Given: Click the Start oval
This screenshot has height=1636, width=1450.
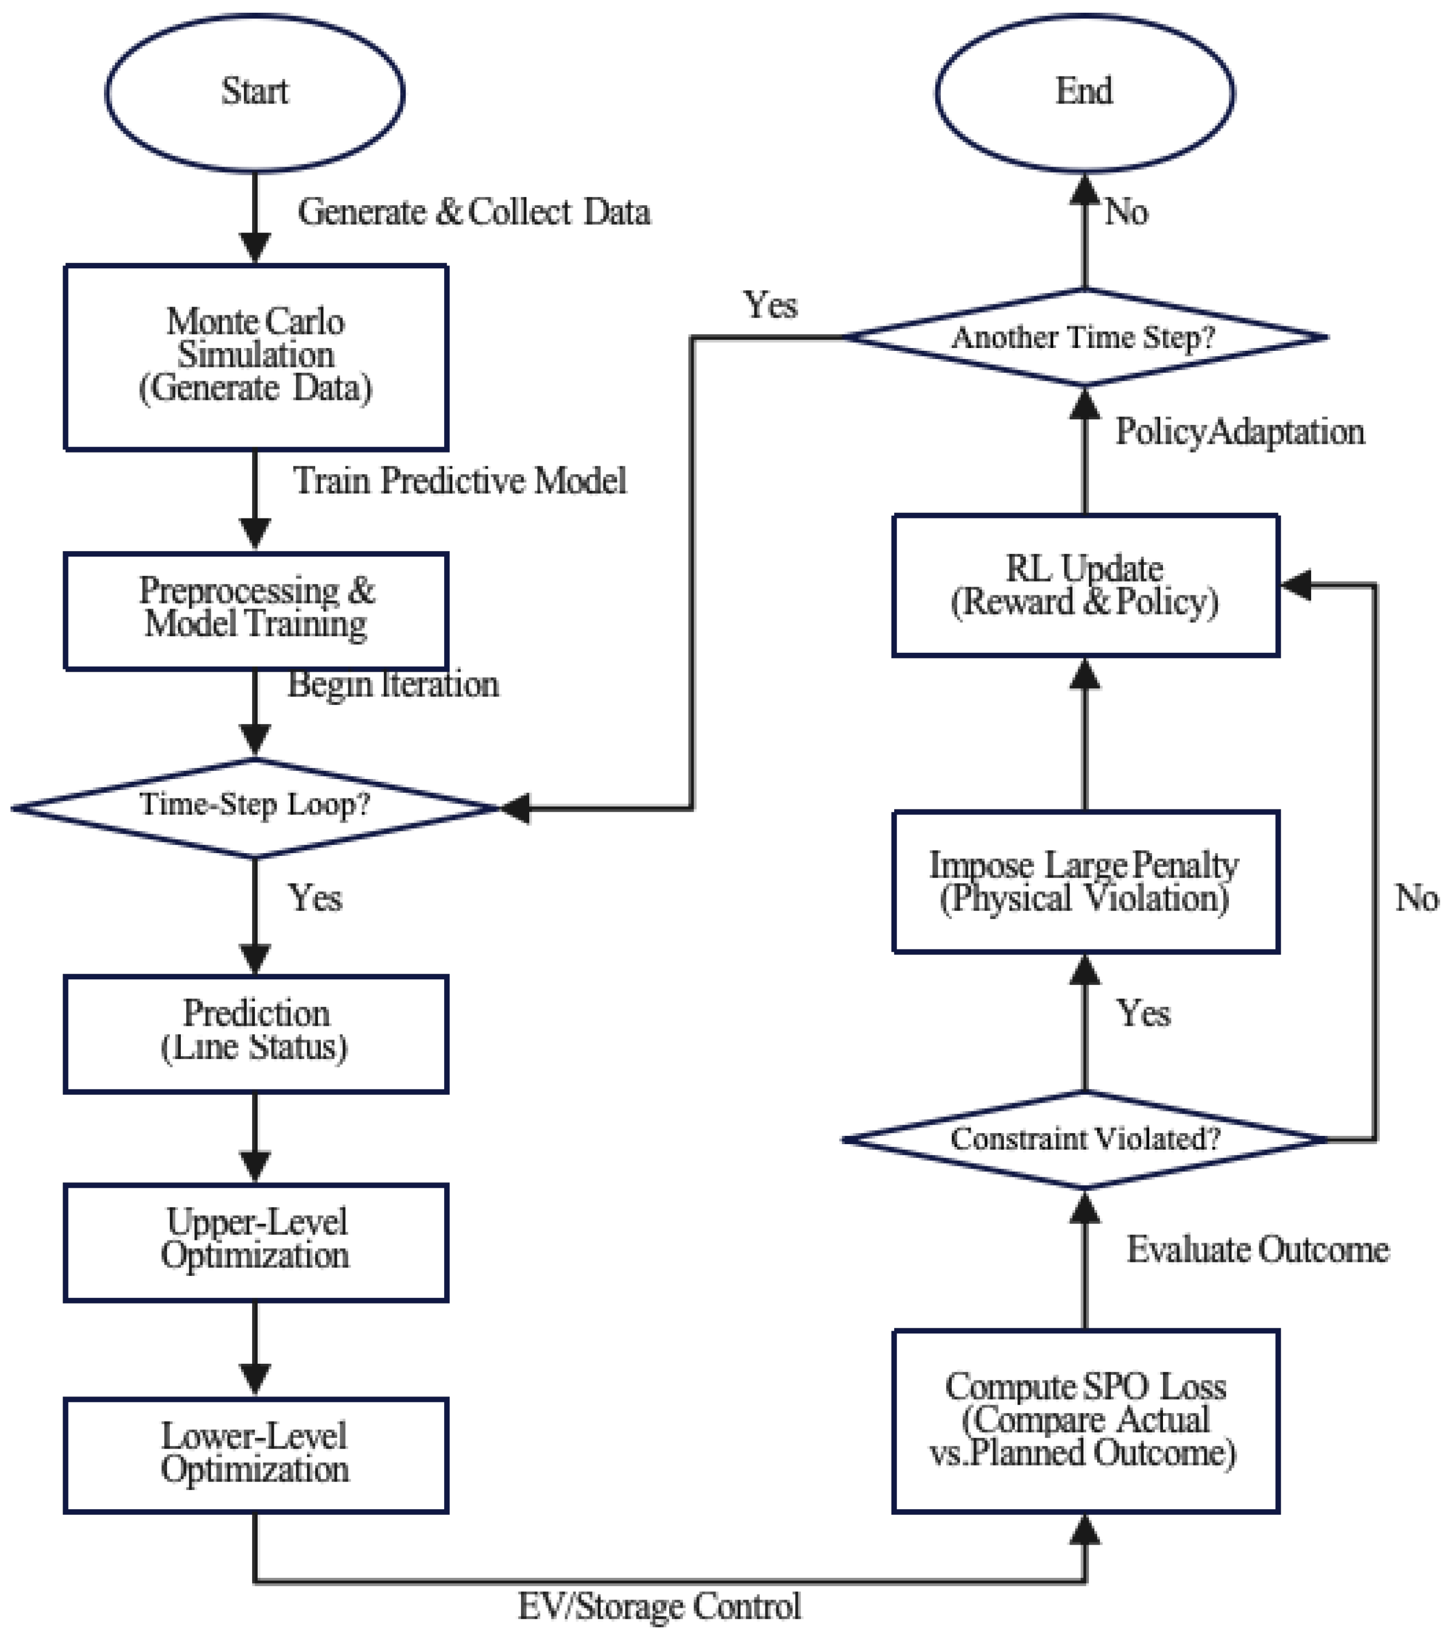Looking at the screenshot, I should [x=254, y=92].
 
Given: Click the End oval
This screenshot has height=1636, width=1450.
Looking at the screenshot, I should [x=1084, y=92].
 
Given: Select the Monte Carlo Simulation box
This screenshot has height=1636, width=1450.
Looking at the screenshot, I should [x=255, y=356].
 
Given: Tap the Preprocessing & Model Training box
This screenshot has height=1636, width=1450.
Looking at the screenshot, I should [x=255, y=609].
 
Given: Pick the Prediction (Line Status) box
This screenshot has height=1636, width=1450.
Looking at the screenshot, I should [x=255, y=1032].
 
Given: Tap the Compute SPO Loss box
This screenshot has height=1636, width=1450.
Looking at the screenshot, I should [x=1085, y=1421].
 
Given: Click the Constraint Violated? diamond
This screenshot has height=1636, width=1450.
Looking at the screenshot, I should [x=1085, y=1138].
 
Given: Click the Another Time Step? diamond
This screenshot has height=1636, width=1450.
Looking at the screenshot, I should [x=1085, y=337].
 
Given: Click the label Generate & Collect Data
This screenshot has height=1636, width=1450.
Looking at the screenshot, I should [x=474, y=212].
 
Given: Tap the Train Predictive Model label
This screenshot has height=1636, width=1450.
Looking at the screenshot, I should [x=460, y=480].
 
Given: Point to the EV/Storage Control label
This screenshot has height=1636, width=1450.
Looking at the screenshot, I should [x=659, y=1606].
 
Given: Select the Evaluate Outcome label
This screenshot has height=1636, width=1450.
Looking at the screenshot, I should [x=1257, y=1249].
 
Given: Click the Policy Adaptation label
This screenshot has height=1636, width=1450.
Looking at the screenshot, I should [x=1239, y=432].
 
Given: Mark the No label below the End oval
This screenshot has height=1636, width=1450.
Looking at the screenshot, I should [x=1126, y=212].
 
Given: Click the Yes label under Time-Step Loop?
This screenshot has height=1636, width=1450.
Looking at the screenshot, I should [x=315, y=897].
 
